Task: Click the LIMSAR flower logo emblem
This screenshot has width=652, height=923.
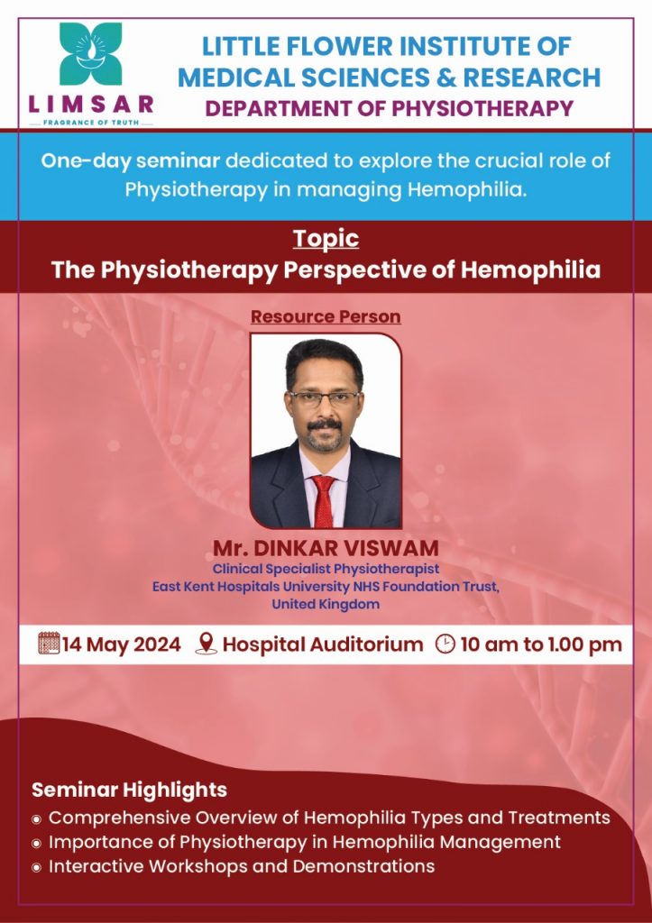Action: [91, 53]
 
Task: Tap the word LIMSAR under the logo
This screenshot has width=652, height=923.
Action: [91, 105]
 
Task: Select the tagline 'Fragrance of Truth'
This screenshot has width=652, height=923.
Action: [91, 123]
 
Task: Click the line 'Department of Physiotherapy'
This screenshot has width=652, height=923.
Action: [389, 108]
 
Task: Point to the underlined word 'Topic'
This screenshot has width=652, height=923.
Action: [326, 238]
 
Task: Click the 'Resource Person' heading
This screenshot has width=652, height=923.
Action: [326, 316]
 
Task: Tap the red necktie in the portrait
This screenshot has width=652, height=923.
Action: [324, 500]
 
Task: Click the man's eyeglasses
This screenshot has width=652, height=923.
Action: [325, 398]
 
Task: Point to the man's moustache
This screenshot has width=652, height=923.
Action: [325, 424]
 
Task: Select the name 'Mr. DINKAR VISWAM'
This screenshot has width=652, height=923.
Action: [326, 548]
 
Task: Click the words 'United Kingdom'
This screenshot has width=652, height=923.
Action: [326, 604]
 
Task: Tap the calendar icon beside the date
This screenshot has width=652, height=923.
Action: [49, 643]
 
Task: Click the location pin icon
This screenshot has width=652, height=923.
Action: [207, 644]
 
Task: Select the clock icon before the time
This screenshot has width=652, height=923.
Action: [445, 644]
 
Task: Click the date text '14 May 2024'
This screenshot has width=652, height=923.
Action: [122, 644]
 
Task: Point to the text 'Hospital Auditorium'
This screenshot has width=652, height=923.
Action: [323, 644]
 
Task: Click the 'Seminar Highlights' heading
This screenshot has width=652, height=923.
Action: [130, 790]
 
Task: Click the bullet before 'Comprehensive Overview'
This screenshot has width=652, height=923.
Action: [36, 818]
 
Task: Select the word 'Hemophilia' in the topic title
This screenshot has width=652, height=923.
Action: [530, 270]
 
